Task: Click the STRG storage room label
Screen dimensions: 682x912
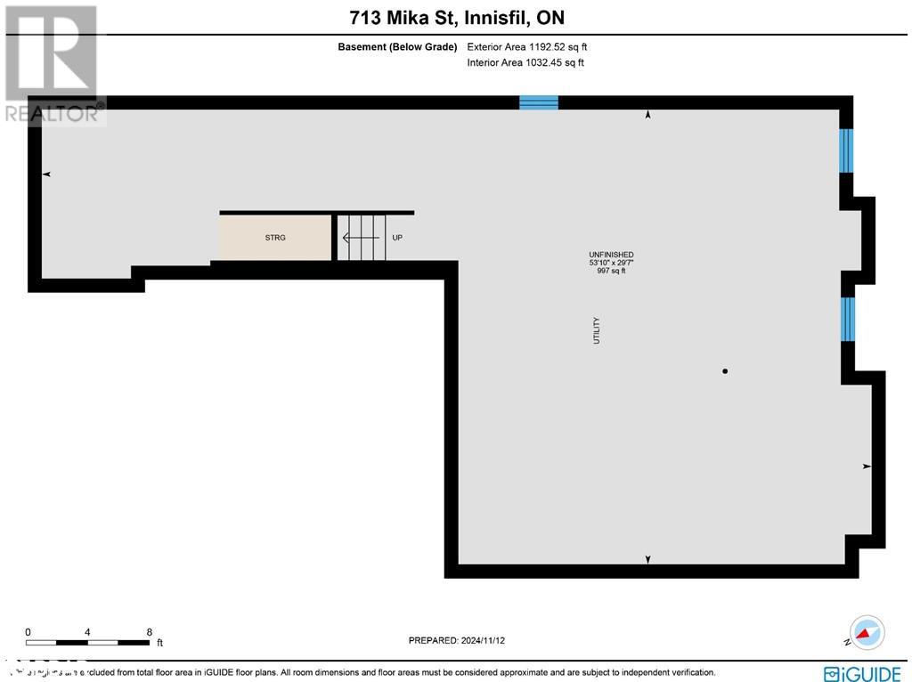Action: coord(275,238)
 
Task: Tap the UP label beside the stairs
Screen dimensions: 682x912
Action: coord(397,238)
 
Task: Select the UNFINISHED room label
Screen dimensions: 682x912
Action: coord(611,255)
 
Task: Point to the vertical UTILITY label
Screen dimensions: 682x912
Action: coord(597,330)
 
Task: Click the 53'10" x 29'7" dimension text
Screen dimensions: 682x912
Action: coord(611,263)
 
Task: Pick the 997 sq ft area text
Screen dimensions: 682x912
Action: coord(611,271)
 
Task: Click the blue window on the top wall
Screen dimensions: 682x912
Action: coord(539,102)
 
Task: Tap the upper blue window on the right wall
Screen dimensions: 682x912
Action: coord(846,150)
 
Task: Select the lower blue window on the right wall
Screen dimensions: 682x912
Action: coord(848,319)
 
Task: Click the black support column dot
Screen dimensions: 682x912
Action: coord(725,371)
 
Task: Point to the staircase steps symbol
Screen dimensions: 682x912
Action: coord(361,238)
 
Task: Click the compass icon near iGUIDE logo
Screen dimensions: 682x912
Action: coord(867,632)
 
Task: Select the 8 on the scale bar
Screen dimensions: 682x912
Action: coord(149,631)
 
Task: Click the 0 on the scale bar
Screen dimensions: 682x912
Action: coord(28,631)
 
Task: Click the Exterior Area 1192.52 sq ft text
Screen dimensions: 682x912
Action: coord(527,46)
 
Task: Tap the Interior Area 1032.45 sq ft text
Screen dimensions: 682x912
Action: coord(525,62)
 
